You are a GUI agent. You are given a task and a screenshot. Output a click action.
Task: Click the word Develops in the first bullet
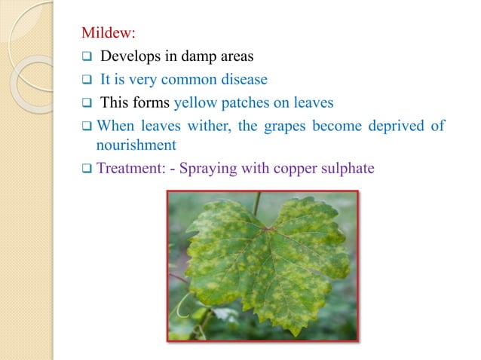129,56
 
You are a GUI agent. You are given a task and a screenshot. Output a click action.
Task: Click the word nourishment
136,144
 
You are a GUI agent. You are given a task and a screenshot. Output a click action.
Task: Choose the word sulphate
348,168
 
